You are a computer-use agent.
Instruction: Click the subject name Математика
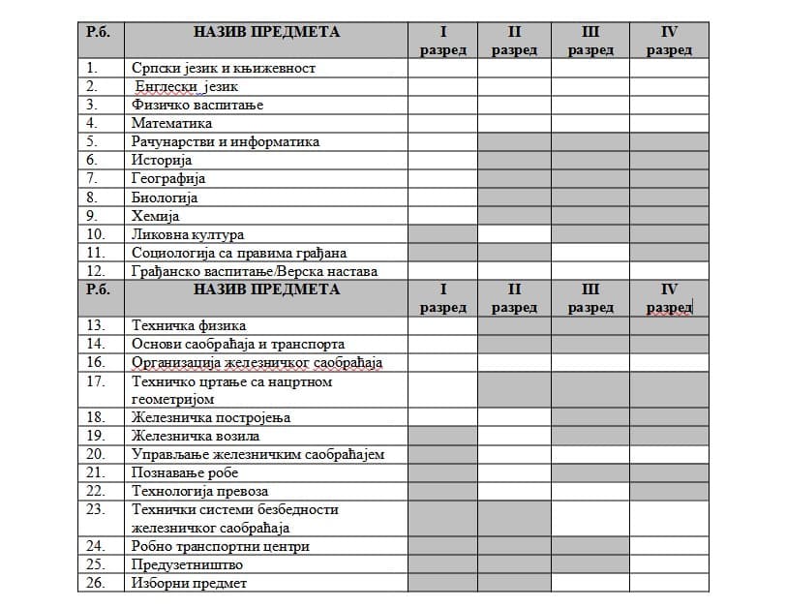tap(171, 123)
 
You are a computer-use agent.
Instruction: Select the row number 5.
tap(93, 141)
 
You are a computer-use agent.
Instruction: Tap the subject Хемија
tap(155, 216)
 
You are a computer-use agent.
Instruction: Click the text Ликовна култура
tap(188, 234)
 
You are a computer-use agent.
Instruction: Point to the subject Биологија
tap(165, 198)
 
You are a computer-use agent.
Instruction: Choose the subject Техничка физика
tap(189, 325)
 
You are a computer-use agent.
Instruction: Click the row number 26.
tap(95, 583)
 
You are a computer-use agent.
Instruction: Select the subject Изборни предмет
tap(190, 583)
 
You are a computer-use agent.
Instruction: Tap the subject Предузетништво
tap(187, 564)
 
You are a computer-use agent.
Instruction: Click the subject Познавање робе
tap(185, 472)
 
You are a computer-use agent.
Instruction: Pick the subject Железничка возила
tap(191, 436)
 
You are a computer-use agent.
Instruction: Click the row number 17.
tap(95, 381)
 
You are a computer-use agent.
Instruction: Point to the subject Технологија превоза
tap(197, 491)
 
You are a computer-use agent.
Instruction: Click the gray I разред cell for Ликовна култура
tap(442, 234)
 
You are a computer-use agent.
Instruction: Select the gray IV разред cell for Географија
tap(669, 179)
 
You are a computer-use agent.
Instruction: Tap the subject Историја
tap(162, 160)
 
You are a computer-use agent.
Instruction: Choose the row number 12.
tap(95, 271)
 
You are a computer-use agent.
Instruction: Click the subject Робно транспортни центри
tap(221, 546)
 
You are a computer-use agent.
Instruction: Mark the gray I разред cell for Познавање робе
tap(442, 472)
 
